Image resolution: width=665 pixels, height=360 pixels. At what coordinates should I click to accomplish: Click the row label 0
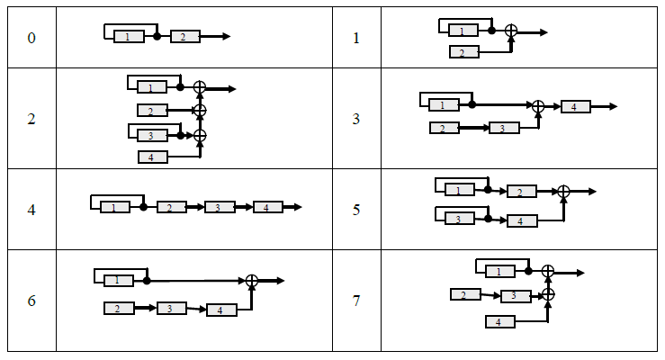(x=31, y=38)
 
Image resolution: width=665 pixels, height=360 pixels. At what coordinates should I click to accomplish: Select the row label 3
(x=356, y=119)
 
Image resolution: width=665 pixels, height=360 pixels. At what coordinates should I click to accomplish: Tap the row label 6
(x=31, y=301)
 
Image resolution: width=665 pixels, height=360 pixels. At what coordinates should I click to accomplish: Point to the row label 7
(x=356, y=301)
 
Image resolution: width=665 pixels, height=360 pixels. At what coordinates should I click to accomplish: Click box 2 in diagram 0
(x=184, y=37)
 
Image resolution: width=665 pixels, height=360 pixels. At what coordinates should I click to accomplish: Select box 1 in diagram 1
(x=463, y=31)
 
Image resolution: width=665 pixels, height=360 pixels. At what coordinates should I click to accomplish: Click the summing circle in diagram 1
(x=510, y=31)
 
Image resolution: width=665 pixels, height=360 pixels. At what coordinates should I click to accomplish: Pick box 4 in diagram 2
(x=152, y=157)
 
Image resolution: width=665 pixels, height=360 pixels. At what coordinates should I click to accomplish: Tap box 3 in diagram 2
(x=152, y=136)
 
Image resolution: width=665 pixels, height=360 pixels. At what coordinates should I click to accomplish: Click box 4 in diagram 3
(x=575, y=107)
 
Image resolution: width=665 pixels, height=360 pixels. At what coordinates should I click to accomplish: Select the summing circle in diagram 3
(x=538, y=107)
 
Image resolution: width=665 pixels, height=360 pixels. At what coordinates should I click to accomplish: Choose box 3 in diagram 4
(x=220, y=208)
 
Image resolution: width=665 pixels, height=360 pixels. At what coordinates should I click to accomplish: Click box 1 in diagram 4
(x=115, y=208)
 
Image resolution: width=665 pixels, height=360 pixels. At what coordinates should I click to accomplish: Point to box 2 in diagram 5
(x=521, y=192)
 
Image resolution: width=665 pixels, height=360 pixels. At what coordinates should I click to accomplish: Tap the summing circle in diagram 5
(x=563, y=191)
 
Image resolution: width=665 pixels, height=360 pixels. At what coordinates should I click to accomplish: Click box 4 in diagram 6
(x=221, y=310)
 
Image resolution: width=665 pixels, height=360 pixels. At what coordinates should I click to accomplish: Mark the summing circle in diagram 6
(x=252, y=281)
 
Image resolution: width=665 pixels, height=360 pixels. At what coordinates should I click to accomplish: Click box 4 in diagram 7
(x=499, y=321)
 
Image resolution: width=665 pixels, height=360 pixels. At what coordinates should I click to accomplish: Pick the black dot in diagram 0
(x=157, y=37)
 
